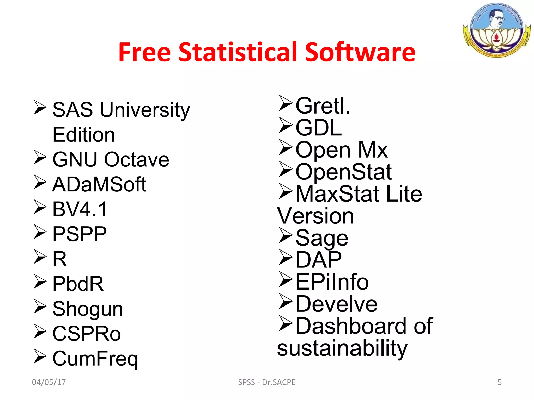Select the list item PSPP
[80, 234]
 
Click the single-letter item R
[60, 259]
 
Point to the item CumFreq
[95, 359]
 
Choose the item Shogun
[88, 309]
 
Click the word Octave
[137, 159]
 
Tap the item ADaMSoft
[99, 184]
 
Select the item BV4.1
[80, 209]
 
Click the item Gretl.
[323, 105]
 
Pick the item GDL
[319, 128]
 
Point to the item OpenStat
[344, 172]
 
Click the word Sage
[322, 238]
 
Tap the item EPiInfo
[332, 282]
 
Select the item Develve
[336, 304]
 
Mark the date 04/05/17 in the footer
[49, 382]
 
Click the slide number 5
[500, 382]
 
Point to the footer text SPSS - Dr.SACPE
[267, 382]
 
